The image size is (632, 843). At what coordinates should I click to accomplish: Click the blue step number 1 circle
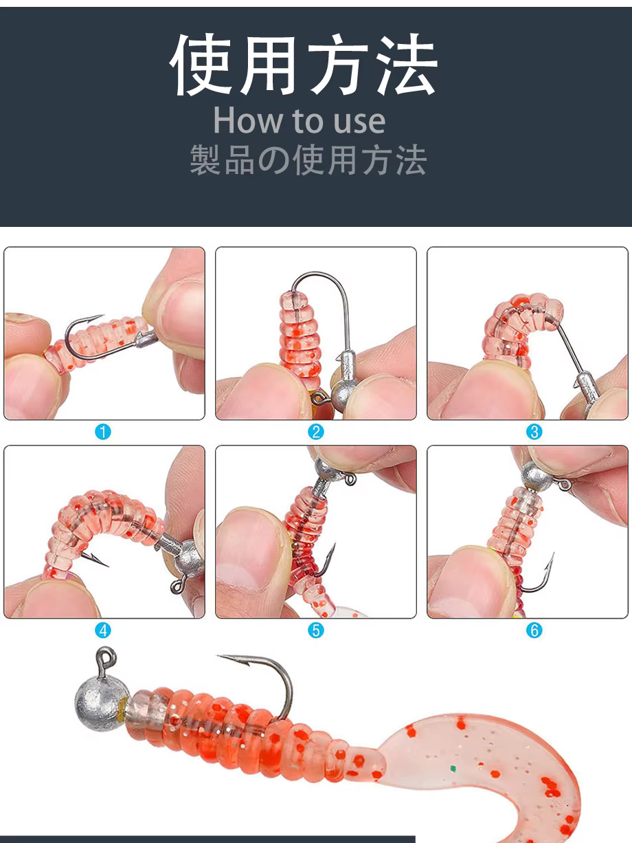point(103,432)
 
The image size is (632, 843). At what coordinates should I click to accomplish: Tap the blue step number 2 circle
point(316,432)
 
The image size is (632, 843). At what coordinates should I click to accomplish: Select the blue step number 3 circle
point(534,432)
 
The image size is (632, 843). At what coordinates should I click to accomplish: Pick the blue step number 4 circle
point(103,631)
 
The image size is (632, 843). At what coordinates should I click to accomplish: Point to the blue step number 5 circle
point(316,631)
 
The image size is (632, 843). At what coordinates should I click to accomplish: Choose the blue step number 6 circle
point(534,631)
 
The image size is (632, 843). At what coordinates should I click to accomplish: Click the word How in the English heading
point(249,120)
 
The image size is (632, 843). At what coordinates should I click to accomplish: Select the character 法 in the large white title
point(406,65)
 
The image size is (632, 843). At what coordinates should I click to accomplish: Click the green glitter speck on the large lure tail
point(453,769)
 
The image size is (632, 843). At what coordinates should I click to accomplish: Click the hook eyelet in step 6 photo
point(565,485)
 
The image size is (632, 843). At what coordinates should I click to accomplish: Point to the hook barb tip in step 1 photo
point(102,316)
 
